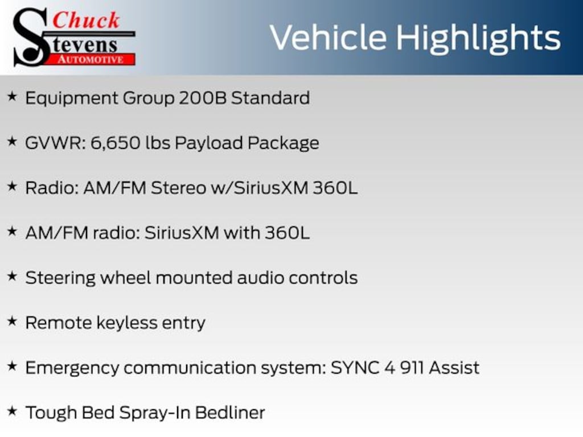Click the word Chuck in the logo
[86, 20]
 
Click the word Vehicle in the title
[328, 38]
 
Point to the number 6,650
[115, 143]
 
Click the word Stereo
[178, 188]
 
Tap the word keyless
[127, 323]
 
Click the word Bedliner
[230, 413]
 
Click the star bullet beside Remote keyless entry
[13, 321]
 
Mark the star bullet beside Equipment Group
[13, 97]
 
